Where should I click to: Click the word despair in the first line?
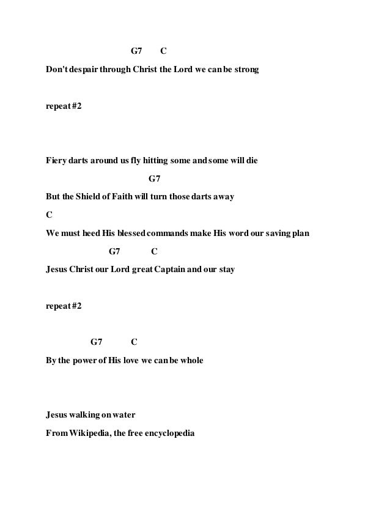[x=82, y=71]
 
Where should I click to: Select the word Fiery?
[x=57, y=161]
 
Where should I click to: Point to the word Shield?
[x=89, y=197]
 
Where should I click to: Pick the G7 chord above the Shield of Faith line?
[x=154, y=179]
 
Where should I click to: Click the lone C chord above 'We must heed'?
[x=49, y=215]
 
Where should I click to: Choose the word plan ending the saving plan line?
[x=300, y=233]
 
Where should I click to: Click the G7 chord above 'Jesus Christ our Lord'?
[x=114, y=251]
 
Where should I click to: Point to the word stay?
[x=223, y=269]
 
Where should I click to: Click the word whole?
[x=191, y=360]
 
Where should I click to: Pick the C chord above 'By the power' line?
[x=134, y=342]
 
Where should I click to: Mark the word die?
[x=251, y=161]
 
